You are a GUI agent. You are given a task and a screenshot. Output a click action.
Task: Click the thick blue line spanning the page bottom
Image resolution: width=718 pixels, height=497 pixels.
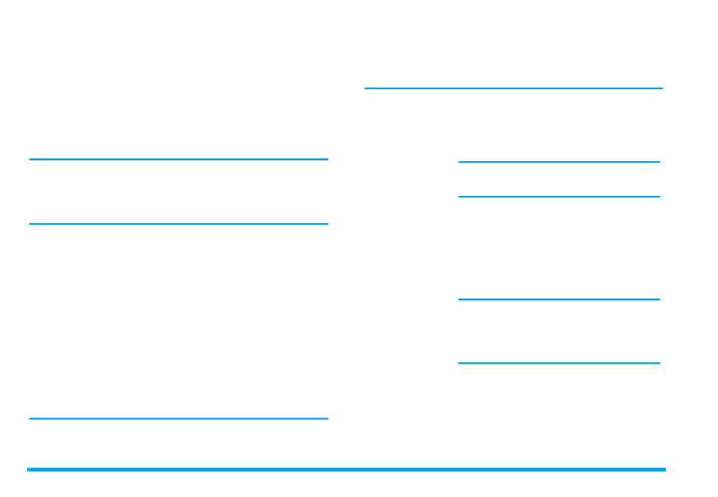pyautogui.click(x=346, y=470)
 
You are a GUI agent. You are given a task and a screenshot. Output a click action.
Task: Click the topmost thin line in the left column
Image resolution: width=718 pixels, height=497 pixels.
pyautogui.click(x=178, y=160)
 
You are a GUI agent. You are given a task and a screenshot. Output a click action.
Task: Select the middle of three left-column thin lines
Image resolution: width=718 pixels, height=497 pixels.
pyautogui.click(x=178, y=224)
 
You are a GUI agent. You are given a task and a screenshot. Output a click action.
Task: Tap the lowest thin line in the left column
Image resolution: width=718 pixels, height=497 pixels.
pyautogui.click(x=178, y=418)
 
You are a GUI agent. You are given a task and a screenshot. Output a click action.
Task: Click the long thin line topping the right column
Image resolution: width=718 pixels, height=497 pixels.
pyautogui.click(x=513, y=89)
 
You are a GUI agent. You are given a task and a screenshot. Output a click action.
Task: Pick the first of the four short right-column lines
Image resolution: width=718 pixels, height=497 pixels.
pyautogui.click(x=559, y=162)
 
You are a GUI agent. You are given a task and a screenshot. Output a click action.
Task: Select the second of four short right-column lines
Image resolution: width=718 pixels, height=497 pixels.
pyautogui.click(x=559, y=197)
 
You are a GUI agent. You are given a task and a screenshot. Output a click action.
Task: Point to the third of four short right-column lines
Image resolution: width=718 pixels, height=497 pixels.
pyautogui.click(x=559, y=300)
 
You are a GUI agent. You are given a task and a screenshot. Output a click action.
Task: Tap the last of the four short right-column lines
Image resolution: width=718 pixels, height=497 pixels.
pyautogui.click(x=559, y=363)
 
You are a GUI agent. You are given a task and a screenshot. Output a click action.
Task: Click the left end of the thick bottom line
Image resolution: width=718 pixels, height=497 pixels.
pyautogui.click(x=29, y=470)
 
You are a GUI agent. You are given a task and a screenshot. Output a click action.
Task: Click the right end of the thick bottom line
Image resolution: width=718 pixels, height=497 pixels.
pyautogui.click(x=664, y=470)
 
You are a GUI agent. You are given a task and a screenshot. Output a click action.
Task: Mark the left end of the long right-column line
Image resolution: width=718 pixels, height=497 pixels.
pyautogui.click(x=367, y=89)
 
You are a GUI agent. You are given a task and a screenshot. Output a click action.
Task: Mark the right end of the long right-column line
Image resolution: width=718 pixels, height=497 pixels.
pyautogui.click(x=661, y=89)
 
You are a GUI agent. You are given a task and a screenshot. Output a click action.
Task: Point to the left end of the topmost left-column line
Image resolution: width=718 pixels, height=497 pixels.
pyautogui.click(x=30, y=160)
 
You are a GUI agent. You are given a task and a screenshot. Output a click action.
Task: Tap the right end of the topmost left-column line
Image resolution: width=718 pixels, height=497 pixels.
pyautogui.click(x=327, y=160)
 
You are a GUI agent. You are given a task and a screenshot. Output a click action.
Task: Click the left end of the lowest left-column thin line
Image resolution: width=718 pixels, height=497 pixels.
pyautogui.click(x=30, y=418)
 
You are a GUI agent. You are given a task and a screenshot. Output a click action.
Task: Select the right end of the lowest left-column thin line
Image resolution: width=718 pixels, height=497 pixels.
pyautogui.click(x=327, y=418)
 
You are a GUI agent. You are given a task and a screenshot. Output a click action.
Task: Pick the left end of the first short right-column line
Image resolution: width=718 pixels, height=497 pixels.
pyautogui.click(x=460, y=162)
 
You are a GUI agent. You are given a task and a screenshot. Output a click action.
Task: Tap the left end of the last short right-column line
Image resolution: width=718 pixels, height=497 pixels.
pyautogui.click(x=460, y=363)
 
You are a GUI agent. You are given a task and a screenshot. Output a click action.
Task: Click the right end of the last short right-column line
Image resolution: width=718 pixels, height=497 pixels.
pyautogui.click(x=659, y=363)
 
